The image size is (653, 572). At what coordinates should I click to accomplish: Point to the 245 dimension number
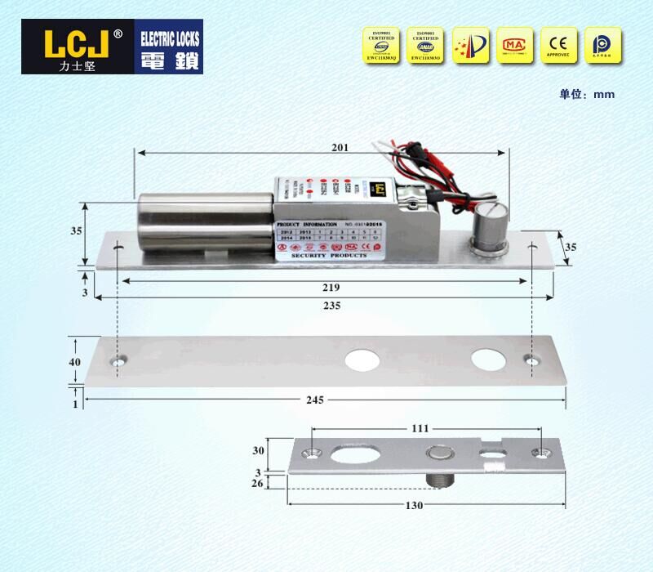[x=315, y=400]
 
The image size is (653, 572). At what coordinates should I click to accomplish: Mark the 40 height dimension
[x=74, y=361]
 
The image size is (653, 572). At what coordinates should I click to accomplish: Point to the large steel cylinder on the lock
[x=204, y=222]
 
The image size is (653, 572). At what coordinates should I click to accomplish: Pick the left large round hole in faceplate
[x=359, y=360]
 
